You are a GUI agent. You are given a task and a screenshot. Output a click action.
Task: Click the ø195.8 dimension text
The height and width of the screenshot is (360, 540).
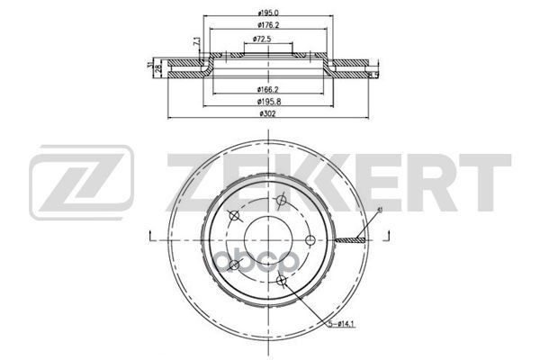pos(265,102)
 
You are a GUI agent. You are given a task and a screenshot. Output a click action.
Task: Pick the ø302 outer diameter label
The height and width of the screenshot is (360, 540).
pos(265,113)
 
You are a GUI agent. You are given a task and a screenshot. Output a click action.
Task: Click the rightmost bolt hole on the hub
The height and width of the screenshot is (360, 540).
pos(310,238)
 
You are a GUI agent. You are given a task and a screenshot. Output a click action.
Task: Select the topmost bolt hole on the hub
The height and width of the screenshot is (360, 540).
pos(282,199)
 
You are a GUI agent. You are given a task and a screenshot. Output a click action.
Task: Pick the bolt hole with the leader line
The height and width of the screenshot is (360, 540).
pos(283,279)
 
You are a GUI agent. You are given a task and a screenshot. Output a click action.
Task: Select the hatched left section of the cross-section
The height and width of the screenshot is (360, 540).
pos(184,66)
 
